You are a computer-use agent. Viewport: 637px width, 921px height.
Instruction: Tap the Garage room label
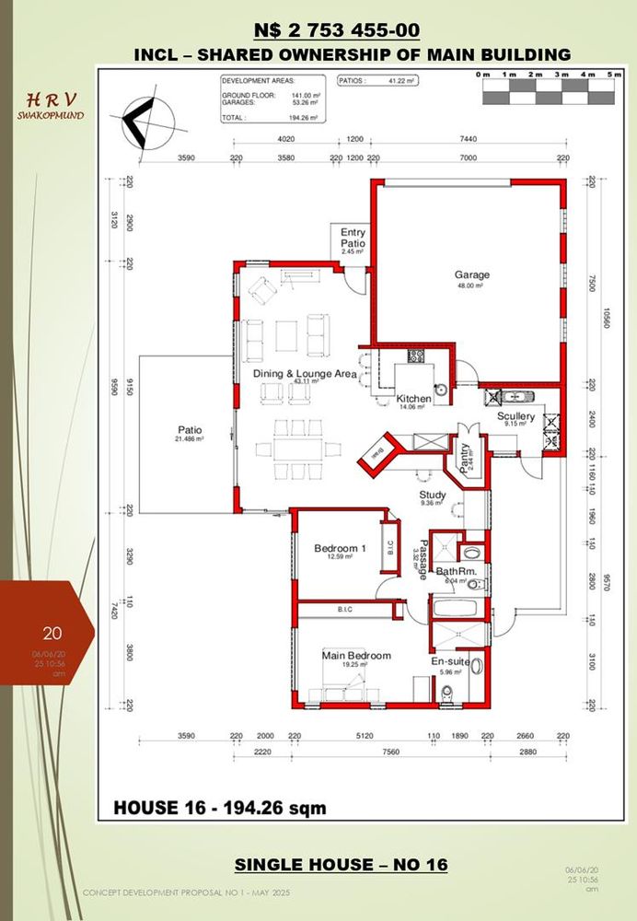click(x=471, y=274)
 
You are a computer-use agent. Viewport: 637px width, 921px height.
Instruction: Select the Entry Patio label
click(x=353, y=238)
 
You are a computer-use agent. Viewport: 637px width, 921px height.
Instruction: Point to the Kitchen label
click(x=413, y=399)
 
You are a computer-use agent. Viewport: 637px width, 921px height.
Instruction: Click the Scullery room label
click(x=515, y=416)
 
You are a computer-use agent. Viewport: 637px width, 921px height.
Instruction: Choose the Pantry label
click(x=465, y=456)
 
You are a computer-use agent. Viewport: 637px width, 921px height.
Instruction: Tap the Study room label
click(x=433, y=495)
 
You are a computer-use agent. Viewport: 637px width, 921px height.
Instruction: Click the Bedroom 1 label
click(x=340, y=549)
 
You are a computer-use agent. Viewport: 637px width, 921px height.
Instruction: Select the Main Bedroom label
click(x=356, y=656)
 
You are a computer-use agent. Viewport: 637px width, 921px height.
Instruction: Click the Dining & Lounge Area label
click(x=304, y=374)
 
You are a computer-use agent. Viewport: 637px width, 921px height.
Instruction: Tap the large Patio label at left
click(x=190, y=430)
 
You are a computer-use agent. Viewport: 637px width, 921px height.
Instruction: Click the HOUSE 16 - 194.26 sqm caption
click(x=219, y=808)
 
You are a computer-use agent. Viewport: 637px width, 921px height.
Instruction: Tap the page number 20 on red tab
click(x=52, y=633)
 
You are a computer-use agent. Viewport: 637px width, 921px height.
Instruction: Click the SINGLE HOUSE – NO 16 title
click(x=341, y=864)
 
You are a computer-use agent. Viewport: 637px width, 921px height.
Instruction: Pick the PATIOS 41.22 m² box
click(x=377, y=81)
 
